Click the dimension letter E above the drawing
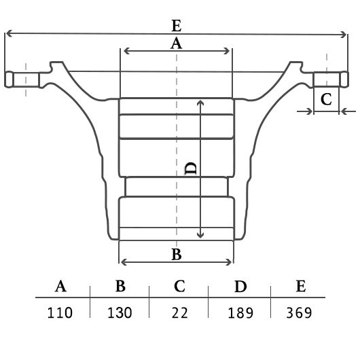pos(177,26)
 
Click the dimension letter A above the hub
pos(176,43)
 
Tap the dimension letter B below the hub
pos(177,254)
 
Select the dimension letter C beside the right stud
pos(326,99)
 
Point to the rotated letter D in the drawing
pos(191,168)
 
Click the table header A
pos(60,286)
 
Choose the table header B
pos(120,286)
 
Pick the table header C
pos(179,286)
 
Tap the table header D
pos(240,286)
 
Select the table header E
pos(301,286)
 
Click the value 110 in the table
pos(60,312)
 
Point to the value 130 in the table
pos(120,312)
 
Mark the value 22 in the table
pos(179,312)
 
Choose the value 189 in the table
pos(240,312)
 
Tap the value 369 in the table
pos(299,312)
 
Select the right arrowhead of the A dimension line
pos(228,51)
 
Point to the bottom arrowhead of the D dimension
pos(200,236)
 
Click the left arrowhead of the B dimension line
pos(123,262)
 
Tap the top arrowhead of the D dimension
pos(200,103)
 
